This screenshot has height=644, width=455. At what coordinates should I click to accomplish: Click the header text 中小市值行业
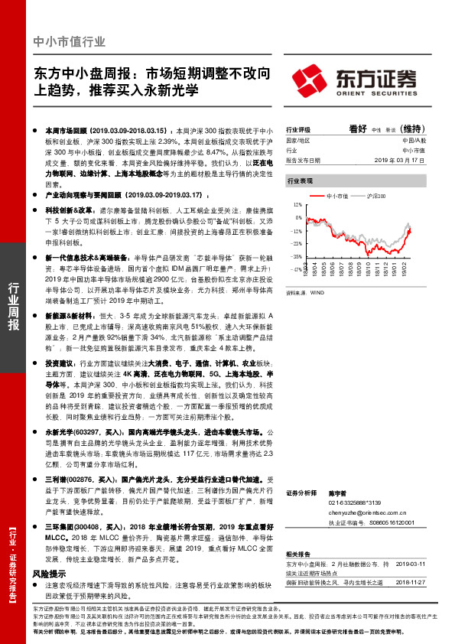[x=70, y=41]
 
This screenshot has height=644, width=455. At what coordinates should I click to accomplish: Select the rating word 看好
[x=359, y=129]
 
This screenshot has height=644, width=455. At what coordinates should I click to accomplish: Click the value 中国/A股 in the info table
[x=413, y=141]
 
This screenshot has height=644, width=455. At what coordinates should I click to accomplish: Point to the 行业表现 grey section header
[x=300, y=181]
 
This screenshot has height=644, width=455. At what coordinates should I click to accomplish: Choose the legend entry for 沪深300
[x=375, y=197]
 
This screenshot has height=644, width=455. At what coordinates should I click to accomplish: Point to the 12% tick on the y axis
[x=297, y=205]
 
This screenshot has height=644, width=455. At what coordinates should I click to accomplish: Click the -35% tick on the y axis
[x=296, y=258]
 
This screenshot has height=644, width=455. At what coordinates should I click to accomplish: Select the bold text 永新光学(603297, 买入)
[x=82, y=433]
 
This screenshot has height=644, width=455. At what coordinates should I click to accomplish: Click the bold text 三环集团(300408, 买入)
[x=82, y=528]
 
